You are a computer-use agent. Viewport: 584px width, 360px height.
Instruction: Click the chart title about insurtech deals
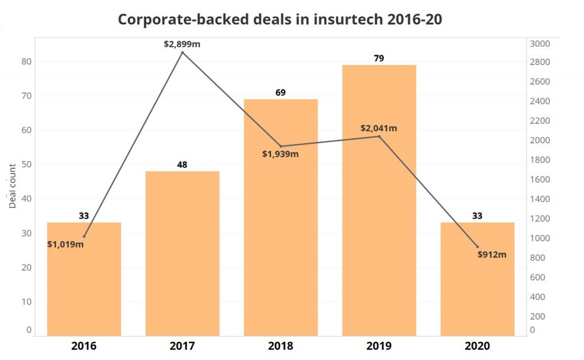click(x=280, y=19)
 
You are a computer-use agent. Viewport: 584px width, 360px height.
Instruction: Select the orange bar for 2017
click(x=182, y=253)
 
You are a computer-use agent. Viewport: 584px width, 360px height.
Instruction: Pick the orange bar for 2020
click(x=477, y=279)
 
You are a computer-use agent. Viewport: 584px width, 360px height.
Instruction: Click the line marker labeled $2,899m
click(x=182, y=52)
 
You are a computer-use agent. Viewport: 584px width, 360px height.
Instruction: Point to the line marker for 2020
click(x=477, y=246)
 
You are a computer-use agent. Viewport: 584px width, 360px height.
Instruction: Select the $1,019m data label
click(x=66, y=245)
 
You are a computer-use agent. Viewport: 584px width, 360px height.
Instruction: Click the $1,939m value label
click(x=281, y=154)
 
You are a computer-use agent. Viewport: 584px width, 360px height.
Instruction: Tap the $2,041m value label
click(x=379, y=128)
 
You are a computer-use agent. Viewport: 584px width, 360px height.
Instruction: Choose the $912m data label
click(x=492, y=255)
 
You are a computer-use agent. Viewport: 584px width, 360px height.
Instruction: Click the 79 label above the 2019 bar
click(x=379, y=58)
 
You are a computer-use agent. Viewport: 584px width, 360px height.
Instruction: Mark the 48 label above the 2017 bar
click(x=182, y=164)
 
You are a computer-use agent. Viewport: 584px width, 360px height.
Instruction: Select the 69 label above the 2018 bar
click(x=281, y=92)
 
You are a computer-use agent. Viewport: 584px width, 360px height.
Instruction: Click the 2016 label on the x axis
click(x=84, y=346)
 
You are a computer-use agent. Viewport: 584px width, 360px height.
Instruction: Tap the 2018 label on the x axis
click(x=281, y=346)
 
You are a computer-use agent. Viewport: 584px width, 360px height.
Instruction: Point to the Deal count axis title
click(x=13, y=194)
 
